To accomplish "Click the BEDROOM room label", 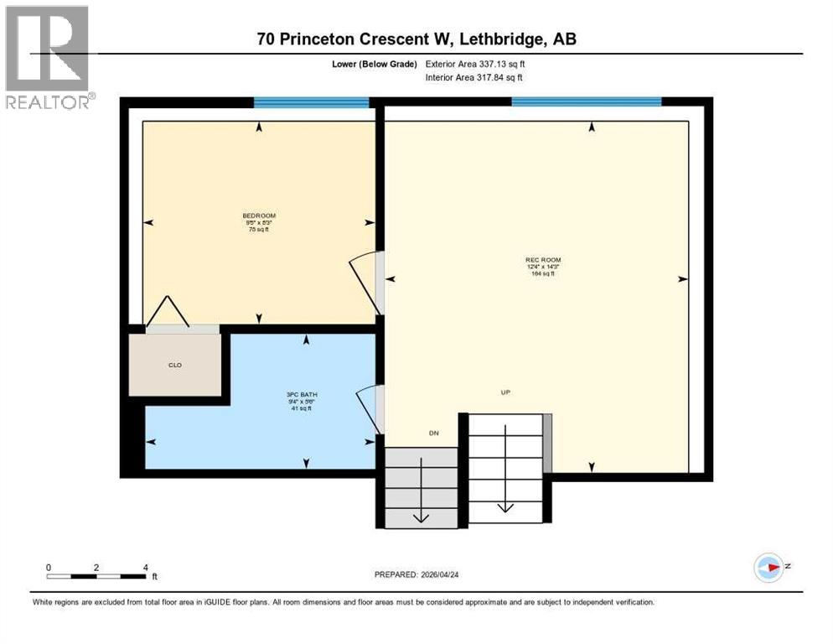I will coord(258,216).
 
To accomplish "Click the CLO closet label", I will coord(175,365).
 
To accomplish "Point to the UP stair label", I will coord(505,392).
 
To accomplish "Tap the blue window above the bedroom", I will coord(311,103).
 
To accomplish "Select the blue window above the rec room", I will coord(586,102).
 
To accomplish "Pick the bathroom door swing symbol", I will coord(369,410).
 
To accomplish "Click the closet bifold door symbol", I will coord(168,313).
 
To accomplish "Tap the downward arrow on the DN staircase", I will coord(421,502).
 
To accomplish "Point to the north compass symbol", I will coord(769,568).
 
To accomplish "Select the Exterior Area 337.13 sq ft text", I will coord(475,64).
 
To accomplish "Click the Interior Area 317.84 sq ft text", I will coord(474,78).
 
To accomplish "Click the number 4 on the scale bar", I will coord(146,568).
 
